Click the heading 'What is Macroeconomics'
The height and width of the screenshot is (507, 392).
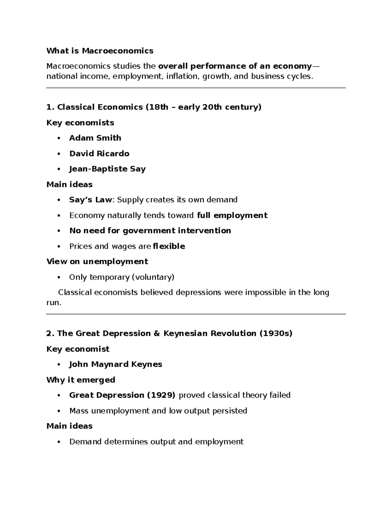coord(100,51)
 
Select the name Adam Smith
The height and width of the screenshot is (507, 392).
coord(95,138)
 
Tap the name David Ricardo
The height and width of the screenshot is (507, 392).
coord(99,153)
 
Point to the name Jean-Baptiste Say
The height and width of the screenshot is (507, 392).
coord(107,169)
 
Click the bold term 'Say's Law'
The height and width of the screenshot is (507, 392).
coord(90,200)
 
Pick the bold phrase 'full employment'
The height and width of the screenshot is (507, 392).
coord(232,215)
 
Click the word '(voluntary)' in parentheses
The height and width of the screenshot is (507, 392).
coord(153,277)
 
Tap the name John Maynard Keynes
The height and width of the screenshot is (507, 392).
coord(116,364)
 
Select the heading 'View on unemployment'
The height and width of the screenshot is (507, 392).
coord(97,261)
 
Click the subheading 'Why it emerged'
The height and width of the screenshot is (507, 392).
coord(81,380)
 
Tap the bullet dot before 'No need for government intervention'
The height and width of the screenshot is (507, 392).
coord(59,231)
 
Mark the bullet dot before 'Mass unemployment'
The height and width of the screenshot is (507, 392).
coord(59,411)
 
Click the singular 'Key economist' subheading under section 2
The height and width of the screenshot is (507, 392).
coord(78,349)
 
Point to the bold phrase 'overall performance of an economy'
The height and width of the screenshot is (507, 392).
coord(235,66)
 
